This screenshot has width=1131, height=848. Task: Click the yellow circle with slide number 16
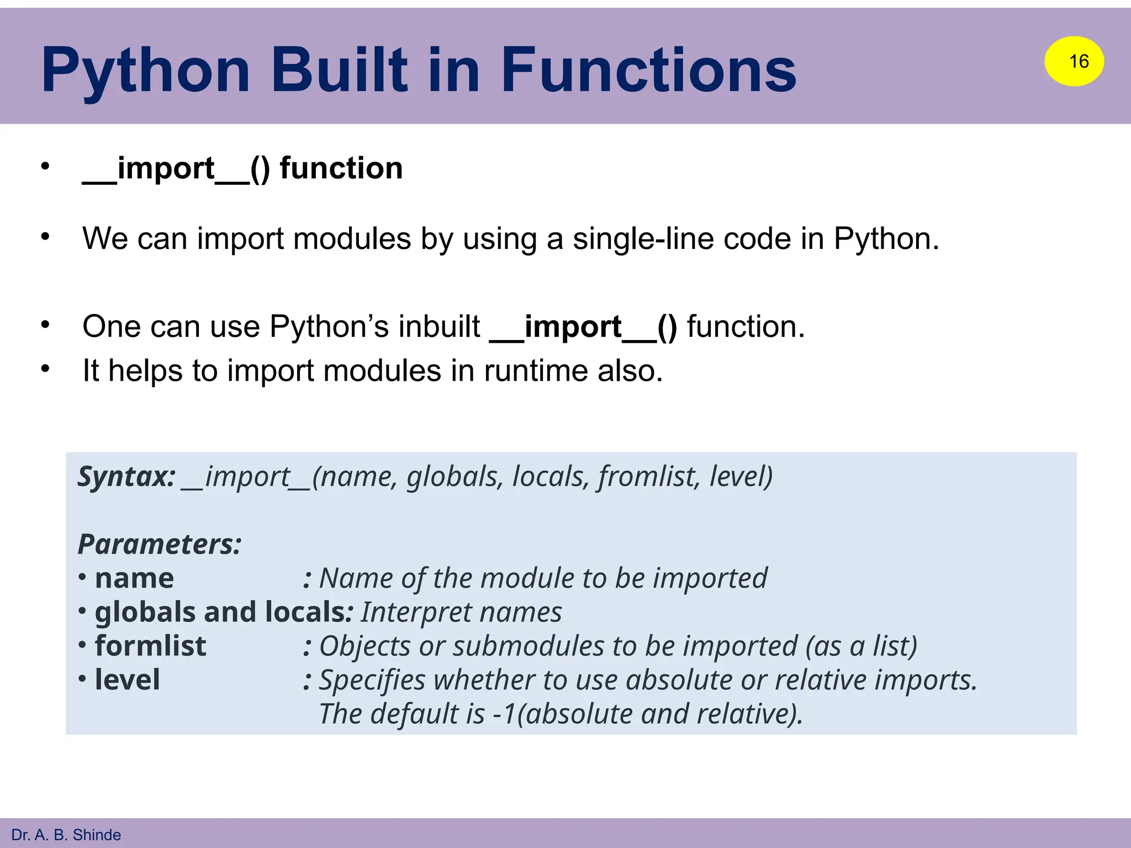pyautogui.click(x=1074, y=61)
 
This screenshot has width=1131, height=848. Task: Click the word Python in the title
pyautogui.click(x=146, y=71)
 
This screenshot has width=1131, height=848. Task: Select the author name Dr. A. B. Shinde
pyautogui.click(x=66, y=834)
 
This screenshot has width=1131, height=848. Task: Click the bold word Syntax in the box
pyautogui.click(x=126, y=476)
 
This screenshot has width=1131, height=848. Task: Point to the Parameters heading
pyautogui.click(x=160, y=544)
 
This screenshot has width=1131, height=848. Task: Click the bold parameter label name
pyautogui.click(x=134, y=578)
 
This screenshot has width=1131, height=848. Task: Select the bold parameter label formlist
pyautogui.click(x=150, y=645)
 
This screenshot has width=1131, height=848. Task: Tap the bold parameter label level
pyautogui.click(x=127, y=679)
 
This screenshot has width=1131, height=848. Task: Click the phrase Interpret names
pyautogui.click(x=461, y=612)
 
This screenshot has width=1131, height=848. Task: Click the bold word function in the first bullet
pyautogui.click(x=341, y=168)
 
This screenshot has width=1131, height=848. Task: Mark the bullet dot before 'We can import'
pyautogui.click(x=45, y=237)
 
